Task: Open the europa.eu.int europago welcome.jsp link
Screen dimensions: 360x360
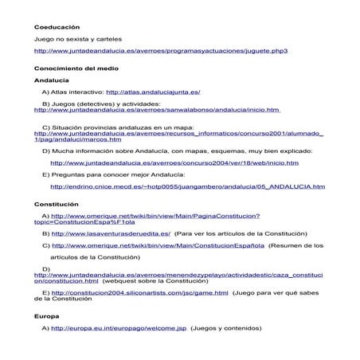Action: pos(119,327)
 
